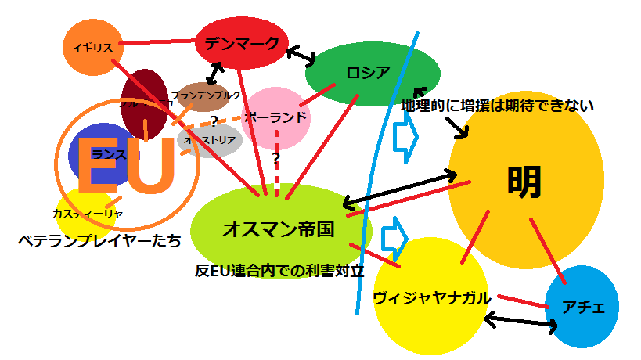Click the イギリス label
[92, 48]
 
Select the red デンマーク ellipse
[242, 44]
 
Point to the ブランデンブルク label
[206, 95]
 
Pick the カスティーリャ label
[87, 213]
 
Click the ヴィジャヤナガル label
[432, 297]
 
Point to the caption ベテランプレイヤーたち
[99, 241]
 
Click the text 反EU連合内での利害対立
[280, 271]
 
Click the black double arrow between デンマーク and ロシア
[301, 55]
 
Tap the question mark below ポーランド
[275, 157]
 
